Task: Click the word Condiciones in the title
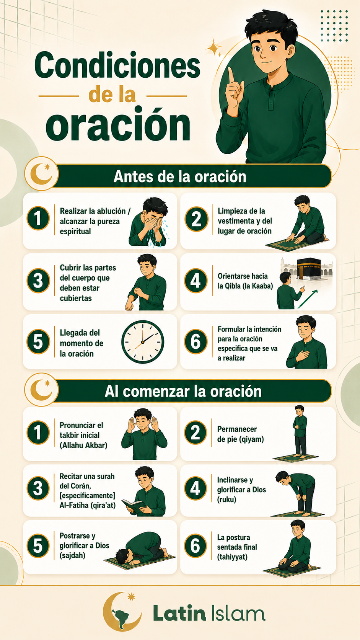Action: (117, 66)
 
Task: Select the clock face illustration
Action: (143, 342)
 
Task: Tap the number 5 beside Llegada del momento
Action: (38, 342)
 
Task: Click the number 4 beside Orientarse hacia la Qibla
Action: (195, 281)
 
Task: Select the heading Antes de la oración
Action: (180, 176)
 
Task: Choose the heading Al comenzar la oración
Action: (183, 391)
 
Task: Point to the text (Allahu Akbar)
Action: (83, 446)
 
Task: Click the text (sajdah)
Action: (72, 555)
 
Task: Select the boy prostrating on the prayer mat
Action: (140, 549)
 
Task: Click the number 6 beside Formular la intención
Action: (195, 342)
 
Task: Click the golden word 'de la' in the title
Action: (112, 95)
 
